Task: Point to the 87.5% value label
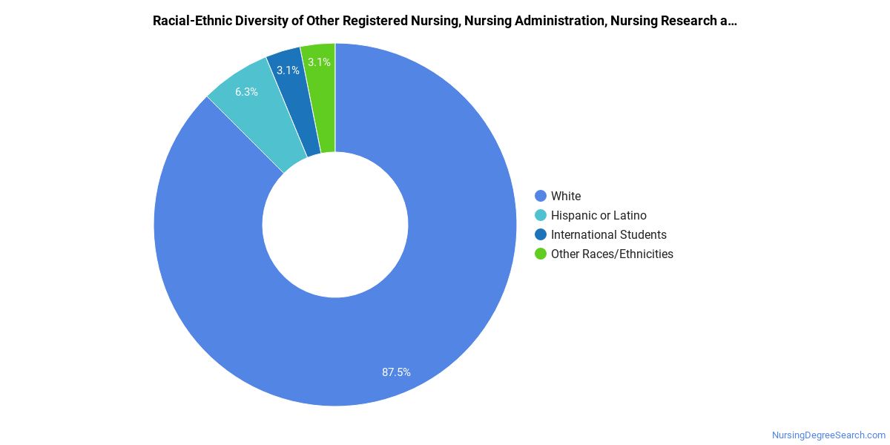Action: click(x=396, y=372)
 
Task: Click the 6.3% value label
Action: click(x=246, y=92)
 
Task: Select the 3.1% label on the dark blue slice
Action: click(x=288, y=70)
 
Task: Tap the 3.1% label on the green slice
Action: click(x=319, y=62)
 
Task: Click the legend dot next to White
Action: click(x=541, y=197)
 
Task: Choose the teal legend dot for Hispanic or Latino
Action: click(x=541, y=216)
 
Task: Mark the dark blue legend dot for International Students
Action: click(x=541, y=235)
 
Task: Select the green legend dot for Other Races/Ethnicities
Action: click(x=541, y=254)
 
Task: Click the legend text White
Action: click(x=566, y=197)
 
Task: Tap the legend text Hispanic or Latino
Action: click(x=599, y=216)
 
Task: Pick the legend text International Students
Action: click(x=609, y=235)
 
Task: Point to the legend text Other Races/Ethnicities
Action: click(x=612, y=254)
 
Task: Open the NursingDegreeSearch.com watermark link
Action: click(x=828, y=435)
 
